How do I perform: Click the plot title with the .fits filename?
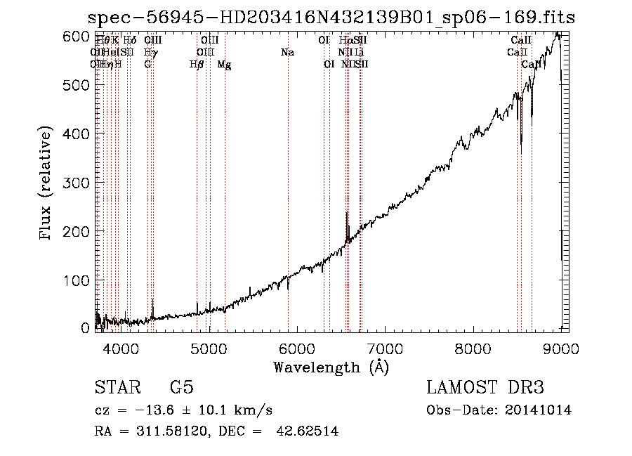(331, 18)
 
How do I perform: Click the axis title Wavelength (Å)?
(331, 367)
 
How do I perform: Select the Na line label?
(287, 53)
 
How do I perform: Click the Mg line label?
(225, 65)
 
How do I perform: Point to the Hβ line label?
(197, 65)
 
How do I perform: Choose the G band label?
(147, 65)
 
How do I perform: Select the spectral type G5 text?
(181, 388)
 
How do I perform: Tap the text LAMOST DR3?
(485, 388)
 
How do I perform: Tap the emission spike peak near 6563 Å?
(347, 213)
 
